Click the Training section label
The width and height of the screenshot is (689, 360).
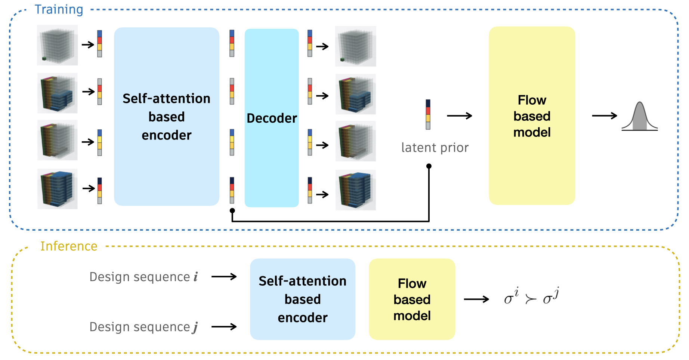click(59, 10)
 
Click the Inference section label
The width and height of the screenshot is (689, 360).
click(69, 246)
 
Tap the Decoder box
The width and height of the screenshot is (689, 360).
click(272, 118)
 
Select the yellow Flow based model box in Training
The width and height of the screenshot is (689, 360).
click(532, 116)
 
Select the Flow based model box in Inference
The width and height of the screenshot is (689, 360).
click(412, 299)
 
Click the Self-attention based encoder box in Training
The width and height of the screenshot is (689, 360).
click(166, 116)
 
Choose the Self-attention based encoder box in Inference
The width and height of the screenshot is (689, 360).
click(303, 299)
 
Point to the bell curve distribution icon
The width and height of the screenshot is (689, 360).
click(640, 116)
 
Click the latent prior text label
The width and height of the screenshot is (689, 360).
click(435, 148)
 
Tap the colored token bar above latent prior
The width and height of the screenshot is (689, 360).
click(428, 114)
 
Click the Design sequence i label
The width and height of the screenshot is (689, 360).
click(144, 277)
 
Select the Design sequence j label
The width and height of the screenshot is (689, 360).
click(144, 327)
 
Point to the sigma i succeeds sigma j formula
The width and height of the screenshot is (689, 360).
click(531, 296)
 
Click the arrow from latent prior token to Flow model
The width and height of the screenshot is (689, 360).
click(460, 116)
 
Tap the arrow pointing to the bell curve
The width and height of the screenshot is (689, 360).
click(605, 116)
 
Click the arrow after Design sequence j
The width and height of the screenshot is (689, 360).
click(224, 327)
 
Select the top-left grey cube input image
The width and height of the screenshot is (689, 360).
click(57, 45)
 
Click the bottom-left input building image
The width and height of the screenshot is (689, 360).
click(57, 189)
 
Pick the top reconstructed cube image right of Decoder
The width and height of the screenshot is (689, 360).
click(355, 46)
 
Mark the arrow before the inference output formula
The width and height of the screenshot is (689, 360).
click(476, 299)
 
